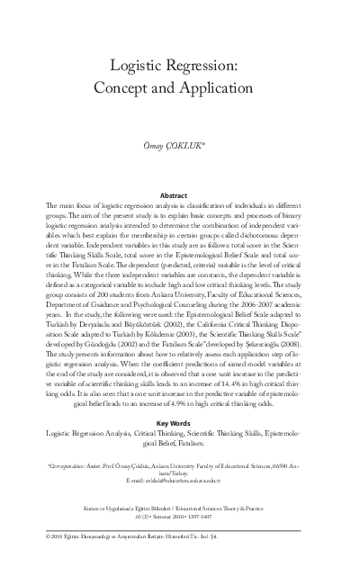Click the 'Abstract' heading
(x=180, y=194)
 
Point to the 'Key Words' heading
(x=180, y=422)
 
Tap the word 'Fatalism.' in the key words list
(x=202, y=443)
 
